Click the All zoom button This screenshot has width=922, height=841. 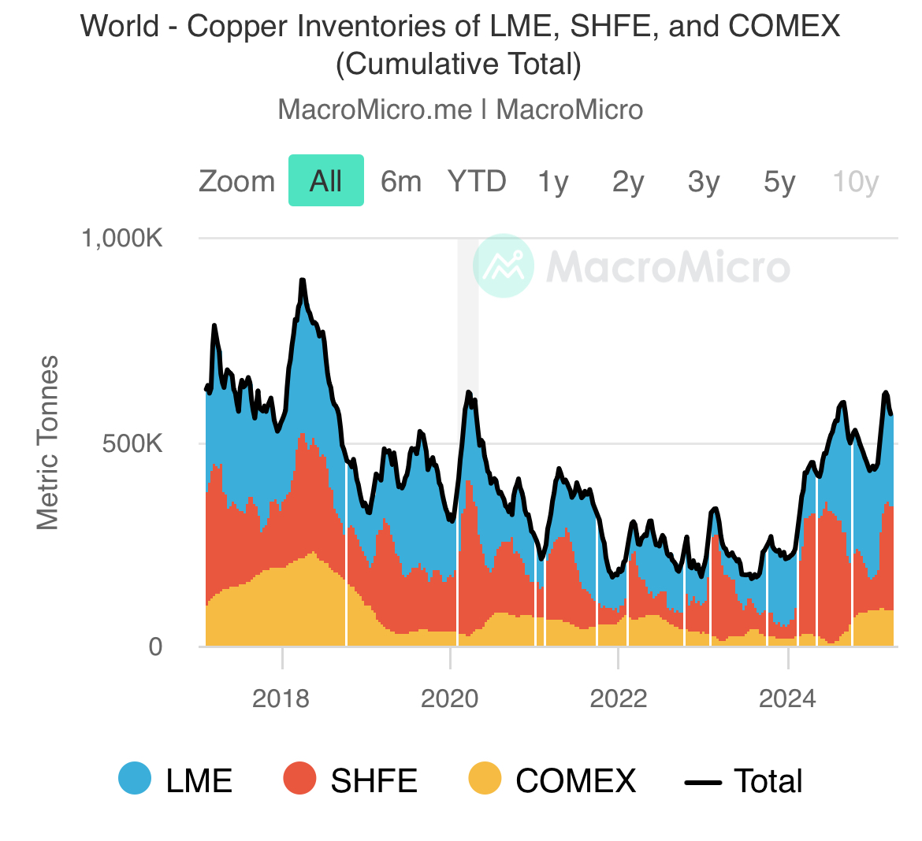click(x=325, y=180)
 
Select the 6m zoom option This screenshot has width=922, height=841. click(x=401, y=181)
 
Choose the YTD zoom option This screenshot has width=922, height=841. click(x=477, y=181)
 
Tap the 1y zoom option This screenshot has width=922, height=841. click(x=552, y=182)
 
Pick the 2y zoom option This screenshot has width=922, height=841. click(x=628, y=182)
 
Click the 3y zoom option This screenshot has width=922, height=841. click(x=704, y=182)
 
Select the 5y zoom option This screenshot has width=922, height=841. click(x=779, y=182)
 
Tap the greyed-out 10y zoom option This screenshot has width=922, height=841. click(x=856, y=182)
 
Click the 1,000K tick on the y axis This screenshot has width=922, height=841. click(x=122, y=239)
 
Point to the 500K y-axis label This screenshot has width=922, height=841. click(x=132, y=443)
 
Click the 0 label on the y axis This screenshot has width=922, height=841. click(x=155, y=647)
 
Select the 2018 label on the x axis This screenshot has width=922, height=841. click(x=281, y=698)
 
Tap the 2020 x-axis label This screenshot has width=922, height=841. click(x=450, y=698)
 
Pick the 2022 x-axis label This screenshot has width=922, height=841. click(x=619, y=698)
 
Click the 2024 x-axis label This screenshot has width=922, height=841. click(x=787, y=698)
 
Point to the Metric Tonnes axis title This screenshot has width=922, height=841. click(x=47, y=443)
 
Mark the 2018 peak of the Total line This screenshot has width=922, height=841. click(x=303, y=280)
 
